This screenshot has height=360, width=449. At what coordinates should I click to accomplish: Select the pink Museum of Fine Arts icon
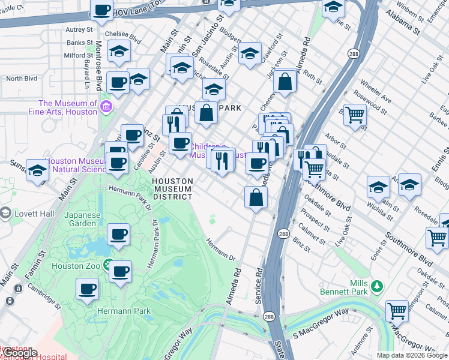[106, 107]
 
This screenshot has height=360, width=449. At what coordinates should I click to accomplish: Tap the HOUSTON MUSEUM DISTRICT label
[172, 188]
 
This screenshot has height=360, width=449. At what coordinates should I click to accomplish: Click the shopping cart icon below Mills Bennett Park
[397, 311]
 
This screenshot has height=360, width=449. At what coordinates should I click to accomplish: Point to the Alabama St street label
[403, 21]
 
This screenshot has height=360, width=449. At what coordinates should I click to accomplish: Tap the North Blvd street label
[22, 79]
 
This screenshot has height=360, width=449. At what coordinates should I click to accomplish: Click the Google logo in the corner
[19, 353]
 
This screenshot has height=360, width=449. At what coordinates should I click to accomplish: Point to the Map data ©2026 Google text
[412, 355]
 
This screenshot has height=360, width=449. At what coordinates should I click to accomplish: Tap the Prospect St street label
[316, 221]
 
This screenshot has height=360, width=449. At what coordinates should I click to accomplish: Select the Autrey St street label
[79, 29]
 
